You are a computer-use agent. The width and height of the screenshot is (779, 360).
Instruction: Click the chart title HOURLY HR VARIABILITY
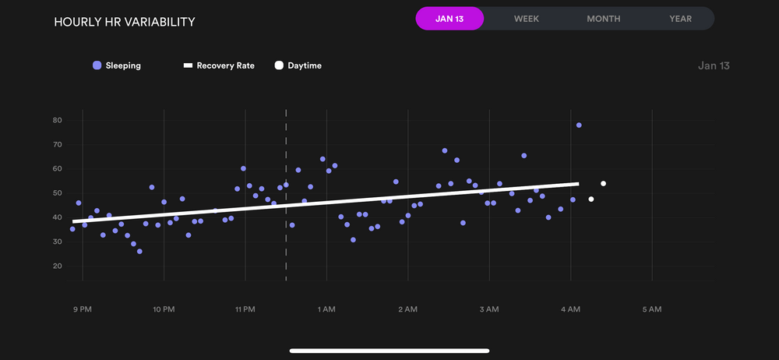pyautogui.click(x=125, y=22)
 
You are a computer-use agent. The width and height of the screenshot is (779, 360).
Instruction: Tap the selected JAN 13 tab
pyautogui.click(x=449, y=19)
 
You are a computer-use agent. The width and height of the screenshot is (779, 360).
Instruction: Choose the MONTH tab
pyautogui.click(x=604, y=19)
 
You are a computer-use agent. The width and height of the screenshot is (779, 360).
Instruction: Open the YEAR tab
pyautogui.click(x=680, y=19)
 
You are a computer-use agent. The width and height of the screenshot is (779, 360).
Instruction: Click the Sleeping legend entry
pyautogui.click(x=117, y=66)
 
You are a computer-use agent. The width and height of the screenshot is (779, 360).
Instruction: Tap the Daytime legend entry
pyautogui.click(x=298, y=66)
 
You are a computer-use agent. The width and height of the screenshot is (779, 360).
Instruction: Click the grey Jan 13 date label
pyautogui.click(x=714, y=66)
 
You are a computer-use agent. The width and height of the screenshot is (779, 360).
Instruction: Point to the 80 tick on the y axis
pyautogui.click(x=58, y=120)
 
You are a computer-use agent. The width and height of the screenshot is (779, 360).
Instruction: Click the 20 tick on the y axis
pyautogui.click(x=58, y=266)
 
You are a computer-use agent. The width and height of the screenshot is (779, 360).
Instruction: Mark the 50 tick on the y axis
pyautogui.click(x=58, y=193)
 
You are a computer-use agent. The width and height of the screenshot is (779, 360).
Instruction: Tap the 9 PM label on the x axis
pyautogui.click(x=83, y=309)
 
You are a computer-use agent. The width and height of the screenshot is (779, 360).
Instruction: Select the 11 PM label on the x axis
pyautogui.click(x=245, y=309)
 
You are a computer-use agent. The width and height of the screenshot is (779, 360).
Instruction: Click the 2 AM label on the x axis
pyautogui.click(x=407, y=309)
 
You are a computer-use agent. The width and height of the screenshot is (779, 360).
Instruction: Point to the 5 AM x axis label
pyautogui.click(x=651, y=309)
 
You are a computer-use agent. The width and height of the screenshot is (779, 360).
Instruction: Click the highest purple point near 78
pyautogui.click(x=579, y=125)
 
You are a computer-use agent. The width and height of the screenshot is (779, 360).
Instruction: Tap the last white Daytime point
pyautogui.click(x=603, y=184)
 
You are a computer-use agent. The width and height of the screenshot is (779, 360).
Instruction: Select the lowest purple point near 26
pyautogui.click(x=139, y=252)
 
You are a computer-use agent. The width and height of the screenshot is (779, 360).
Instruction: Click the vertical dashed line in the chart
pyautogui.click(x=286, y=234)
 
